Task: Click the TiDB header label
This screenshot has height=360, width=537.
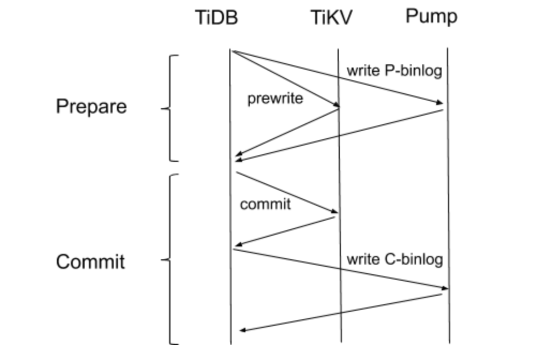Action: click(x=216, y=18)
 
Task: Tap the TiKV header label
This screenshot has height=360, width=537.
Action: click(x=332, y=18)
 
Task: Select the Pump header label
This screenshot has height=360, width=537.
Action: click(x=431, y=16)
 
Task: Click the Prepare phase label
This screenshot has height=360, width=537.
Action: click(x=92, y=106)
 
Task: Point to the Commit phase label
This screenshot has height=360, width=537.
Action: click(x=91, y=261)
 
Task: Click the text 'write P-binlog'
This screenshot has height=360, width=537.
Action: click(x=394, y=71)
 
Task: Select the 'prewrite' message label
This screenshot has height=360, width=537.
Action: click(x=275, y=99)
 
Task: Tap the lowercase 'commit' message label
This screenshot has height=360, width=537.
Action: click(x=265, y=204)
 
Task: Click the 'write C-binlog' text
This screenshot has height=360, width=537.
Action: click(x=394, y=260)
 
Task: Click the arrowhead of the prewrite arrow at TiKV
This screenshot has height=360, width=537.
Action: click(x=336, y=105)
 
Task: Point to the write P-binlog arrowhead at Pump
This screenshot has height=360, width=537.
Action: click(x=440, y=103)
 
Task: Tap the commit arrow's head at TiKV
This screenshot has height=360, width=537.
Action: click(x=333, y=214)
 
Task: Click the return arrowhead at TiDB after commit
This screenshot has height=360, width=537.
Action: click(x=238, y=245)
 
